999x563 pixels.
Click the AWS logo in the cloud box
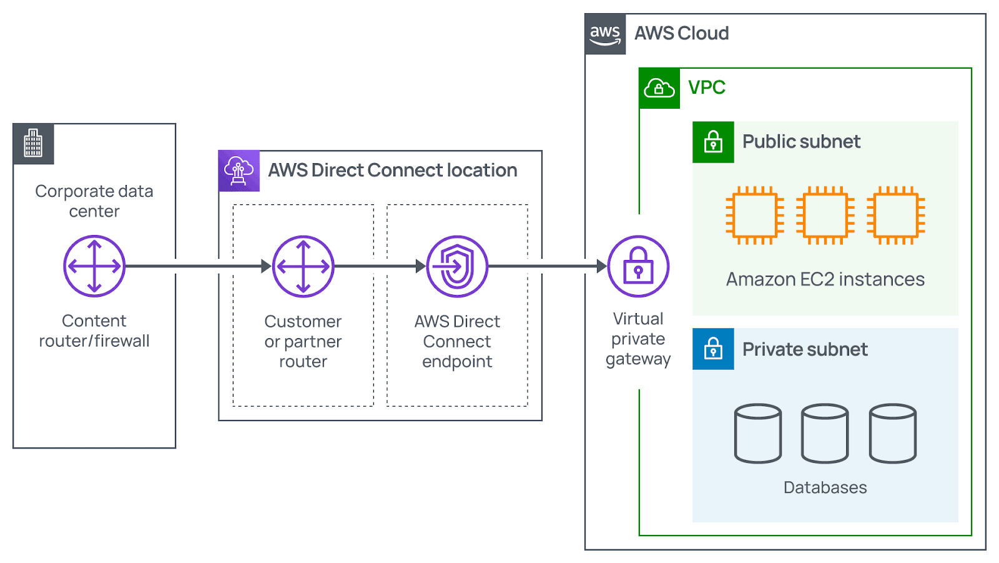[605, 34]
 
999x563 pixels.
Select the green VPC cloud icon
[659, 88]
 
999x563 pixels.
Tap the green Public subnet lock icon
[713, 142]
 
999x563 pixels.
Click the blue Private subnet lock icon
[713, 349]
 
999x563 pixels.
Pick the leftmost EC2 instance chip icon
[755, 215]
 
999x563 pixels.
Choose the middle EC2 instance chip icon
[825, 215]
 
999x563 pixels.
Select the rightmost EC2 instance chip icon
[896, 215]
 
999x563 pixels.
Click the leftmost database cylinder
[758, 433]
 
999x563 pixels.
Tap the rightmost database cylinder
[893, 433]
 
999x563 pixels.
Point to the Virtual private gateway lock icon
[638, 266]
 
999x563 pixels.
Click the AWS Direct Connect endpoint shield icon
[457, 266]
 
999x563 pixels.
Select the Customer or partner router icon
[303, 266]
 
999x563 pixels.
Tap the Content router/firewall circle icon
[94, 266]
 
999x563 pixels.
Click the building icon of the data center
[33, 144]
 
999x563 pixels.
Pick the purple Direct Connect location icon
[239, 170]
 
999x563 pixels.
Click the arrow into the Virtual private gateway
[601, 266]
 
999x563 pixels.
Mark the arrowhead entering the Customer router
[267, 266]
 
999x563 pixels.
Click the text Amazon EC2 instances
[825, 279]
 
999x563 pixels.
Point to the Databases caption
[825, 487]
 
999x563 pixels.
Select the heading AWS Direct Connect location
[392, 170]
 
